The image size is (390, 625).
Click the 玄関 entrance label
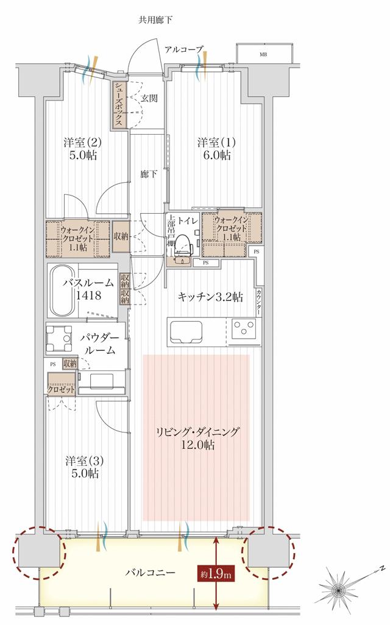[149, 98]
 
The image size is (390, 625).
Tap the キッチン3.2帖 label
[210, 297]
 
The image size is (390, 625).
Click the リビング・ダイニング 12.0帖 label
[196, 439]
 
